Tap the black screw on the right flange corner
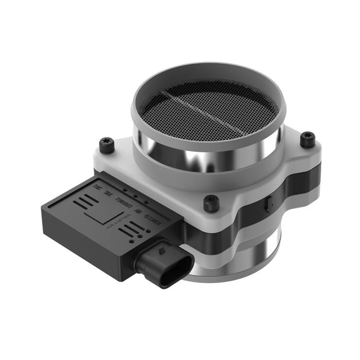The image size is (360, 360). coord(307,140)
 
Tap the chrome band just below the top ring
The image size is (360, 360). coord(206,156)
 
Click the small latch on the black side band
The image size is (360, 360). coord(267,203)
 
